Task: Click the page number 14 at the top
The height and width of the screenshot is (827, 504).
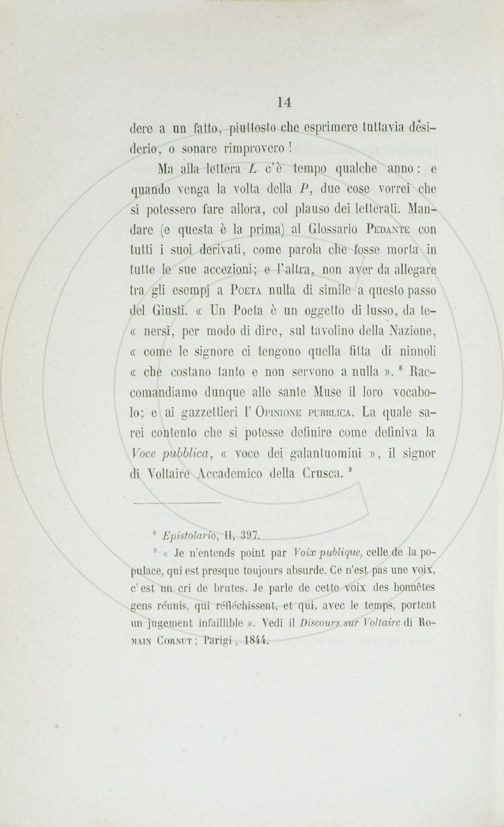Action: tap(284, 101)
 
